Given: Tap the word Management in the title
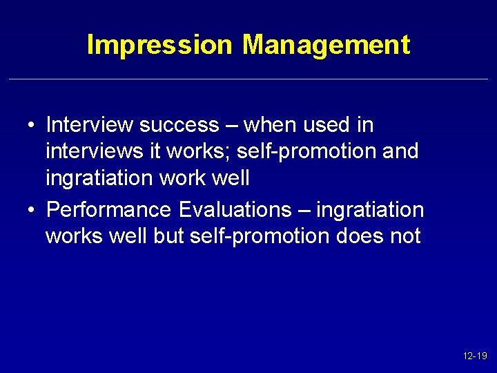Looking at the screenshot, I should pyautogui.click(x=326, y=46).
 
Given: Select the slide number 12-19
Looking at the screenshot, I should pyautogui.click(x=475, y=356).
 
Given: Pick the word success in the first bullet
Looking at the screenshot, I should pyautogui.click(x=178, y=125).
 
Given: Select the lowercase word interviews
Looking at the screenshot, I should pyautogui.click(x=87, y=151).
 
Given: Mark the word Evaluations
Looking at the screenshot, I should pyautogui.click(x=235, y=209).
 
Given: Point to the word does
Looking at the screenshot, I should pyautogui.click(x=362, y=236).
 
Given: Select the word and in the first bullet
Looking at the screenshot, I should pyautogui.click(x=400, y=151).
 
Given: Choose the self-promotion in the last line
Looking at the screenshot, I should pyautogui.click(x=260, y=236).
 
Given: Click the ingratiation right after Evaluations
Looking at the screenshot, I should pyautogui.click(x=370, y=209).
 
